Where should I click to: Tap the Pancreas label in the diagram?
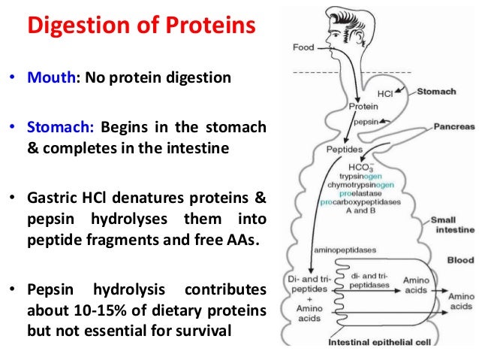pos(454,127)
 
